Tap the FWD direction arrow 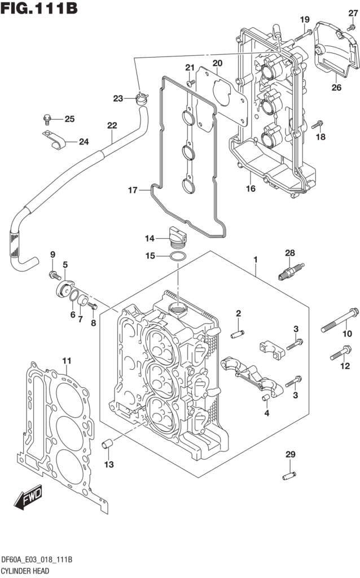[25, 497]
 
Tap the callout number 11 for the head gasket [67, 361]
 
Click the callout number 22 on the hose [112, 125]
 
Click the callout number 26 [336, 87]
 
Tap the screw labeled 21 [190, 82]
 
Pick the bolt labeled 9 [54, 275]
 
